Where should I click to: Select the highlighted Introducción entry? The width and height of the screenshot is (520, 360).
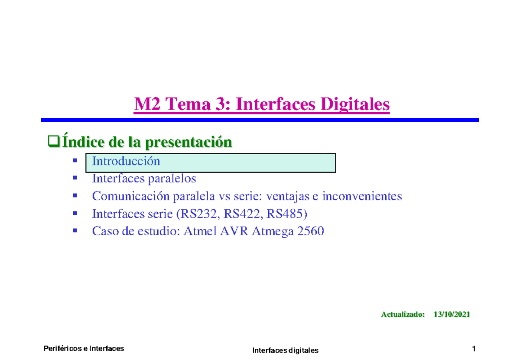126,162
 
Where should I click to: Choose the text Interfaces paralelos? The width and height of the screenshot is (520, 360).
144,178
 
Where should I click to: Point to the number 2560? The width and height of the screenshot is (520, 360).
309,232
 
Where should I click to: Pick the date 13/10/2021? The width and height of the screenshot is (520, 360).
452,315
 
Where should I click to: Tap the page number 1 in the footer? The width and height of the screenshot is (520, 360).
474,348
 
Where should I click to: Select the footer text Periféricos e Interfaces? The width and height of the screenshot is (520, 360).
84,348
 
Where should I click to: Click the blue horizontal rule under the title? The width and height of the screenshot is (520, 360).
260,120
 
